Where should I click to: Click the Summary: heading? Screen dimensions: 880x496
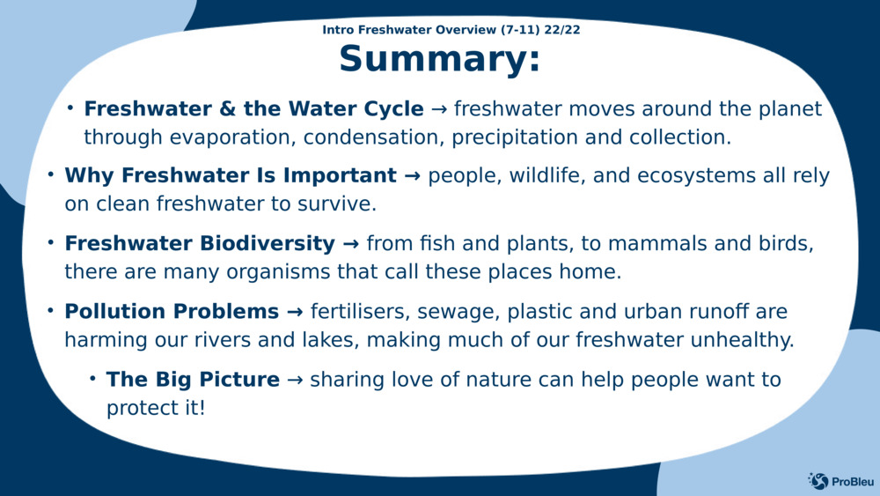pos(439,59)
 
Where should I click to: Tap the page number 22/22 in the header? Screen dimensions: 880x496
pos(561,30)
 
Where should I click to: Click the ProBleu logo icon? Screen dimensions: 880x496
pos(818,481)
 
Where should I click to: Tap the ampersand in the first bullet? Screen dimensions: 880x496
pos(227,109)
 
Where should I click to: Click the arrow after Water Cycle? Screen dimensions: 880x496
pos(439,109)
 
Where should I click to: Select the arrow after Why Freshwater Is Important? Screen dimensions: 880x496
pos(413,176)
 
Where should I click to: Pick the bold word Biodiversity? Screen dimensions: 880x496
pos(268,244)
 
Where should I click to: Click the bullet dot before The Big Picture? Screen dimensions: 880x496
pos(92,379)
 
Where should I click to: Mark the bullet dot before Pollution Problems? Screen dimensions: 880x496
pos(50,311)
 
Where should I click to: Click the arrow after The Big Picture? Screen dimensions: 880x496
pos(295,381)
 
